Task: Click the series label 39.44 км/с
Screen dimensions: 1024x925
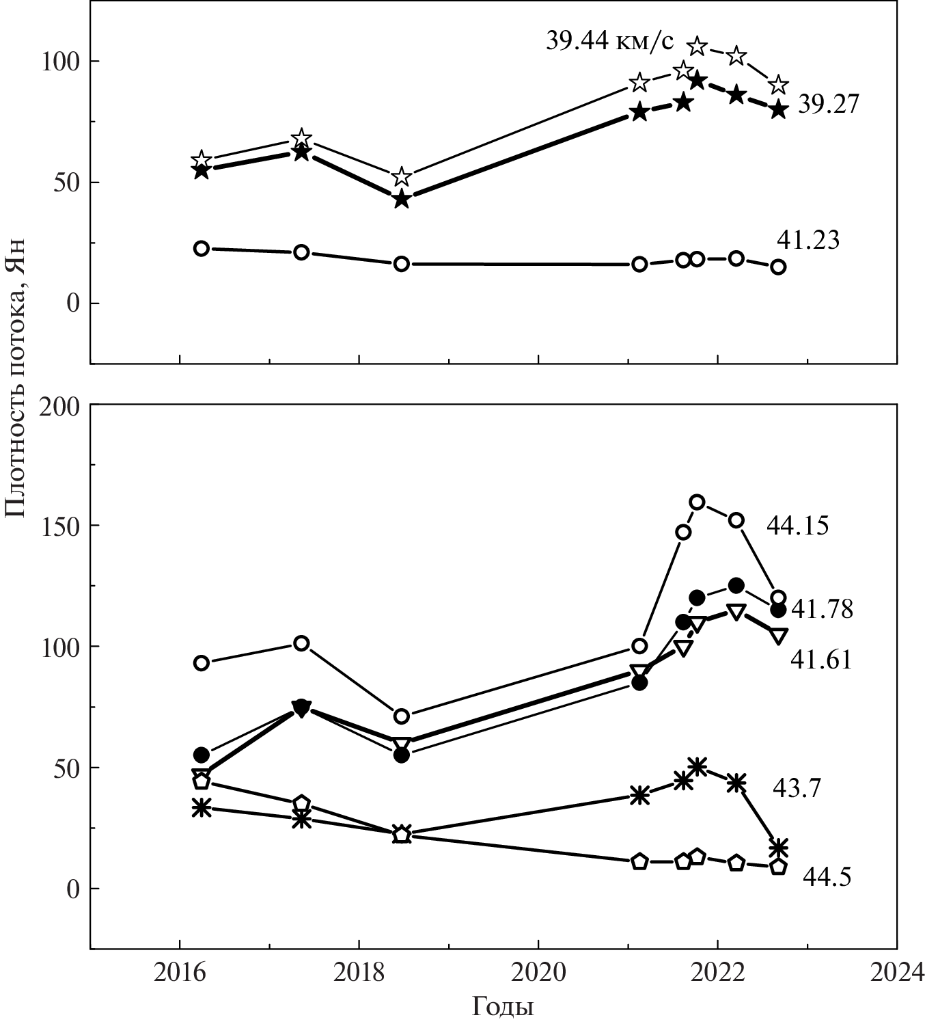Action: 609,41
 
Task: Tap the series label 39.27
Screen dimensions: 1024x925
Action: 828,105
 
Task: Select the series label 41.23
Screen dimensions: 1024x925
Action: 808,240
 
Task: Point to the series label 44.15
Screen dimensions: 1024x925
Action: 797,525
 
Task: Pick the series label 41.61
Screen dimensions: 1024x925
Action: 821,659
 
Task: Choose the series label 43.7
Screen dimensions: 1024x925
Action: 797,787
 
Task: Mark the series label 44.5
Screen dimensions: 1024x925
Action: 827,876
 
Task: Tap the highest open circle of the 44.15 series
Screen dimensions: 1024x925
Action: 697,502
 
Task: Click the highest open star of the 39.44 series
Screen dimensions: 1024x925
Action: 697,46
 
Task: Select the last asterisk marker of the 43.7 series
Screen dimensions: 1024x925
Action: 778,848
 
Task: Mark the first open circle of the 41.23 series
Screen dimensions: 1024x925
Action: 201,248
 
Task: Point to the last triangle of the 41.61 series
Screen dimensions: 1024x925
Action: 778,635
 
